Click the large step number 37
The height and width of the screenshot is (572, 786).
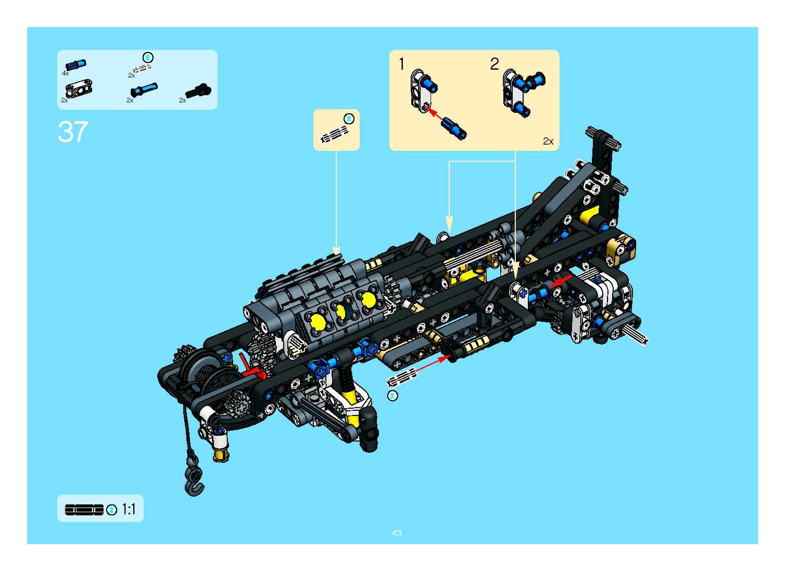73,132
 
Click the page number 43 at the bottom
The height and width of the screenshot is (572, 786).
396,533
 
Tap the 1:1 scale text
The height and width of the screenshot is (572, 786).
128,509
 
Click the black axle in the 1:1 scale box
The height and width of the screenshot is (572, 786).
84,510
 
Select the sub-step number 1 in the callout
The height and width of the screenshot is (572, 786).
402,64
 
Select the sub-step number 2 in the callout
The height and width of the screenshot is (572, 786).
494,64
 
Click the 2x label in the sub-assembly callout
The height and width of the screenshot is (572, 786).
548,141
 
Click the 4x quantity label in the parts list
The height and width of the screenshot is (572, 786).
65,73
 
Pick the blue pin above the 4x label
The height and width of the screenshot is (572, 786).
76,65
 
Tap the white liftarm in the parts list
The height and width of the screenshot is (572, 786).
79,89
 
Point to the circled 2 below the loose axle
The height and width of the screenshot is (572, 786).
392,395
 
